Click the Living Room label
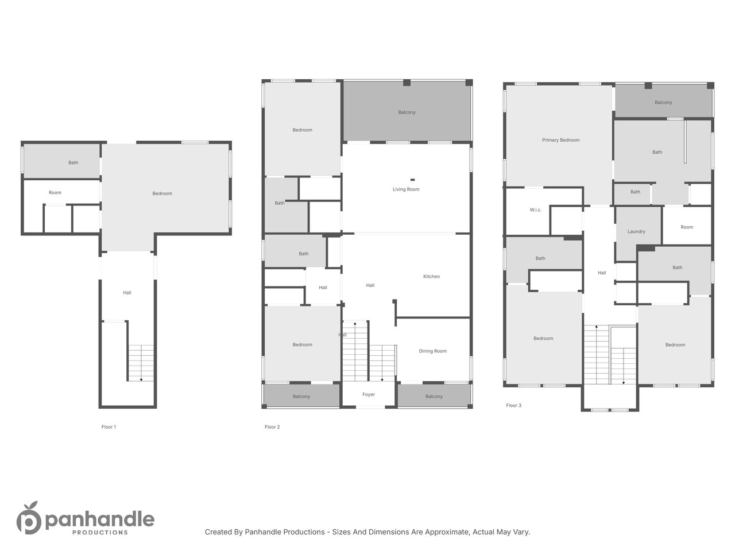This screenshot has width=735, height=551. [406, 189]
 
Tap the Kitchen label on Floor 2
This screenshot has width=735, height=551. [431, 276]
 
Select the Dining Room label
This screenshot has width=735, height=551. [432, 351]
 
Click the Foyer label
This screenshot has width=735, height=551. [368, 394]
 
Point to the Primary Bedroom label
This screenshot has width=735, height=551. [560, 140]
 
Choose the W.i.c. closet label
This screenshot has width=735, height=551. [535, 209]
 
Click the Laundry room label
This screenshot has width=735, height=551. [636, 231]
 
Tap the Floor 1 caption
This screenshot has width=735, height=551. [109, 427]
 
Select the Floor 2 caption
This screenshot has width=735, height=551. [272, 427]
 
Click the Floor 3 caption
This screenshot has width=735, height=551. [513, 405]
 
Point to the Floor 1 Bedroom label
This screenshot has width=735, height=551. [162, 193]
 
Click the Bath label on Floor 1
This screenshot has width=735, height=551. [73, 162]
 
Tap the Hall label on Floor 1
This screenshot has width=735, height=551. [127, 293]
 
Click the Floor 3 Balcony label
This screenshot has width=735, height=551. [663, 102]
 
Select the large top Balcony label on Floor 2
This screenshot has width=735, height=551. [407, 112]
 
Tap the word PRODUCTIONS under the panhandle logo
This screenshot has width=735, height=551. [100, 532]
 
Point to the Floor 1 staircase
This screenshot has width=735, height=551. [141, 363]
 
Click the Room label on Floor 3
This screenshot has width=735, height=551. [686, 227]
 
